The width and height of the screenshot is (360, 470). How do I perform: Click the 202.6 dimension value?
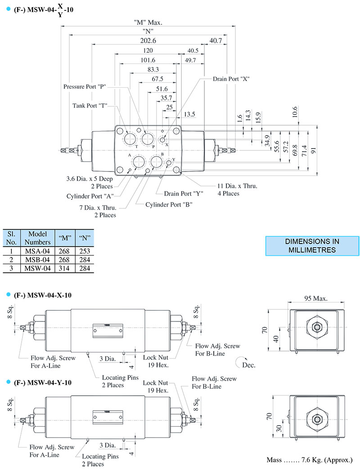(x=148, y=41)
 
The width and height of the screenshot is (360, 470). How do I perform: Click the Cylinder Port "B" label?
(x=169, y=204)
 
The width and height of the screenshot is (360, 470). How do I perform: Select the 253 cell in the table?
(x=83, y=251)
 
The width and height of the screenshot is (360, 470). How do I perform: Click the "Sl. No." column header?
(x=12, y=238)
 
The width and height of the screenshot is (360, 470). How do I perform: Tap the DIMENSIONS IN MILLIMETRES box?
(x=311, y=245)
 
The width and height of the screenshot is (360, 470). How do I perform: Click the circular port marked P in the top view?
(x=147, y=138)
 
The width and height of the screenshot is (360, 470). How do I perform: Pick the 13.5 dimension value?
(x=189, y=114)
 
